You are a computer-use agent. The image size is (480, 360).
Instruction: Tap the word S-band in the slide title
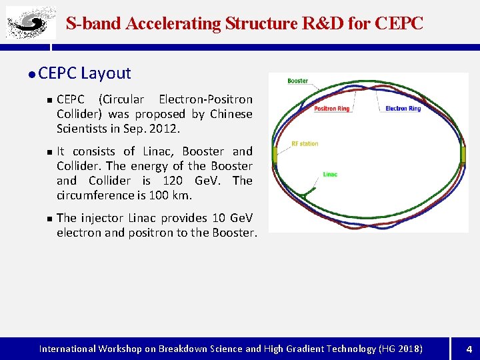(x=93, y=24)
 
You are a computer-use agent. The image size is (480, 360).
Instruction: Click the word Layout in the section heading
(x=106, y=73)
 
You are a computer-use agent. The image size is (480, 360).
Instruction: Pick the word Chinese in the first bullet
(x=231, y=114)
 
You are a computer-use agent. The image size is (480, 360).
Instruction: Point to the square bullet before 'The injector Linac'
(x=49, y=219)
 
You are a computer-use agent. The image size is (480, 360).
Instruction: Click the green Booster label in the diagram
(x=297, y=81)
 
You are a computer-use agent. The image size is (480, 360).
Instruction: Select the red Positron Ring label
(x=331, y=109)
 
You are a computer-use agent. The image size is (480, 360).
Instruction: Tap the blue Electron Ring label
(x=403, y=109)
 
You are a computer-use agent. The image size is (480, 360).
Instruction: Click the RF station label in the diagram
(x=305, y=144)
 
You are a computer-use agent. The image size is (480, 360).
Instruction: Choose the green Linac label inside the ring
(x=330, y=175)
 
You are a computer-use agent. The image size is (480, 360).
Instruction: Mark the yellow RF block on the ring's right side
(x=463, y=155)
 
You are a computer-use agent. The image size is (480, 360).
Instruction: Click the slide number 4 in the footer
(x=469, y=349)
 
